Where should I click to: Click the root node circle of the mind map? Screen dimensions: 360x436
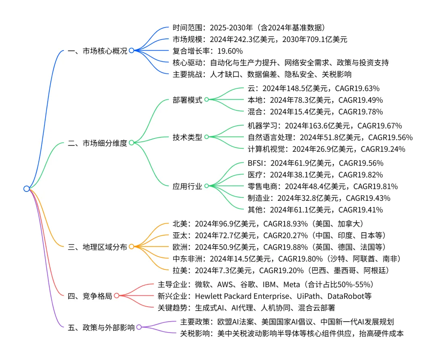pos(27,189)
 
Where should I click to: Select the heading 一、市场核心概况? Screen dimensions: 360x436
pos(97,51)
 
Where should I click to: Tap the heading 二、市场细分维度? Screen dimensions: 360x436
pos(97,143)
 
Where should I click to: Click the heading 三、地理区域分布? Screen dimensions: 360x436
pos(97,246)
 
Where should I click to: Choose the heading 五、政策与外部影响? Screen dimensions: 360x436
pos(101,328)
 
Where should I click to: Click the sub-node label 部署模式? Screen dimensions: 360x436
pos(187,100)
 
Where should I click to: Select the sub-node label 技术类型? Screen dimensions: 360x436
pos(187,137)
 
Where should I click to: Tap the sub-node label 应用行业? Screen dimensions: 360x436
pos(187,186)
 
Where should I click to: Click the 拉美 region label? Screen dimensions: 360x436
pos(179,270)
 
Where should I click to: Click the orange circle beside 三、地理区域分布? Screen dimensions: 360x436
pos(132,246)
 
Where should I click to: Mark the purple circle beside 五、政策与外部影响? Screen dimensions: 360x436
pos(139,328)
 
